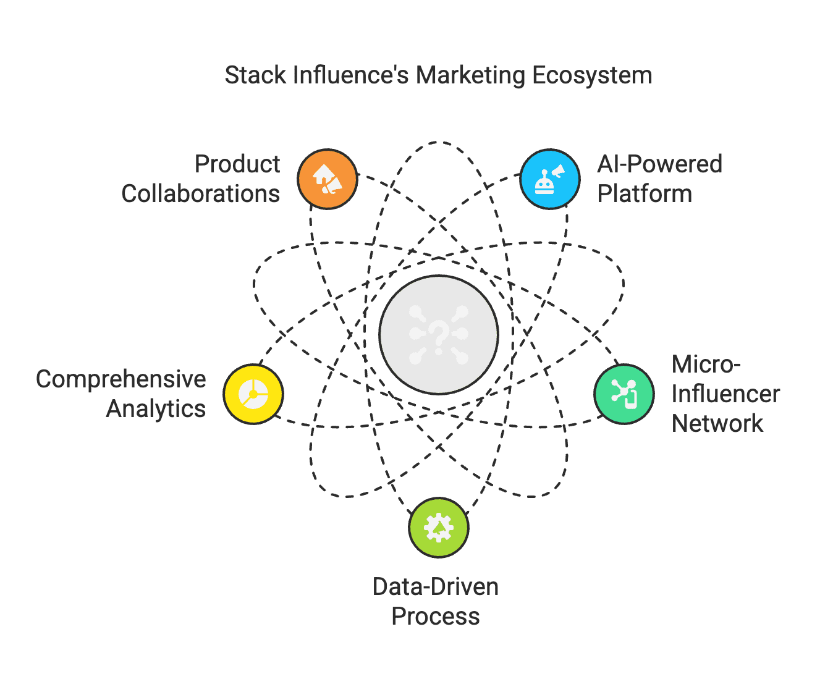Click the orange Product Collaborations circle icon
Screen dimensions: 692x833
coord(328,179)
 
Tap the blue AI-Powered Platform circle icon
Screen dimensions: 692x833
coord(549,179)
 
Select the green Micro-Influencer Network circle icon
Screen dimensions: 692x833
coord(624,394)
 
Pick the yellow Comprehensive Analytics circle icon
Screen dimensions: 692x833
coord(253,394)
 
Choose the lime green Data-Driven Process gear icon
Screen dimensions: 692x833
coord(439,528)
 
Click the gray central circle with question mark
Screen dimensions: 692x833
coord(438,334)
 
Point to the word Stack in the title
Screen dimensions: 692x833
coord(255,75)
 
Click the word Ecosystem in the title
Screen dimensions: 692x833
coord(592,75)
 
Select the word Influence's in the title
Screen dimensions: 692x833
coord(350,75)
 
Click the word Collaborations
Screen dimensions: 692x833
coord(201,194)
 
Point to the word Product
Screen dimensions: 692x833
coord(237,164)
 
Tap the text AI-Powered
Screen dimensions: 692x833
coord(659,164)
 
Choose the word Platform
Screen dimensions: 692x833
coord(645,194)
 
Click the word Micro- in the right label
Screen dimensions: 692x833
coord(706,365)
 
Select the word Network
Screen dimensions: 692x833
coord(717,424)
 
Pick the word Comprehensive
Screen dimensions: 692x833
coord(121,379)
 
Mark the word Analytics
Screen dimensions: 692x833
coord(156,409)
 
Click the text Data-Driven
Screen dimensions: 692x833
coord(436,587)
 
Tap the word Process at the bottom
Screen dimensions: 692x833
coord(436,617)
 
